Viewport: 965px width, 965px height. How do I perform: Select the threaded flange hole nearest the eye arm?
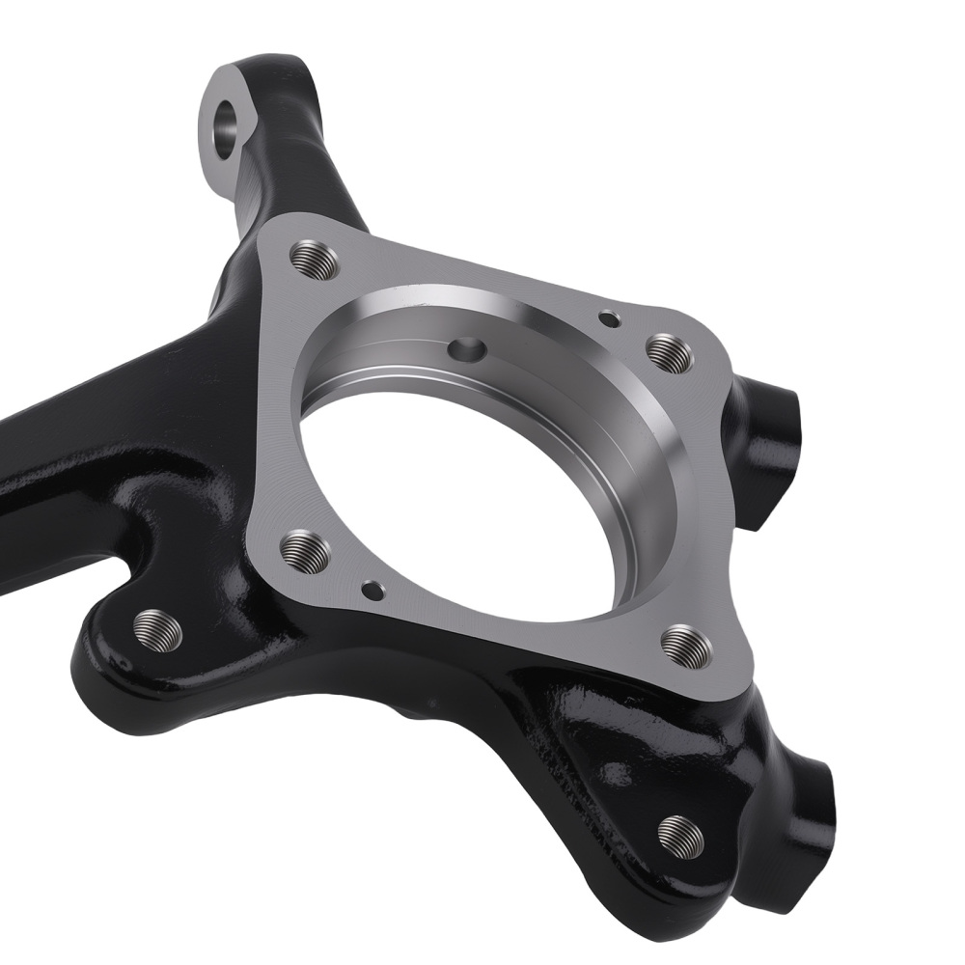(x=314, y=258)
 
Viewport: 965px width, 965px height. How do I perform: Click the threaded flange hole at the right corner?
(x=669, y=352)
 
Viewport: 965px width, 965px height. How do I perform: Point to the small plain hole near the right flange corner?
(x=608, y=316)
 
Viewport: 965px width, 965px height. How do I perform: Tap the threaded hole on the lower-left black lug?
(x=157, y=628)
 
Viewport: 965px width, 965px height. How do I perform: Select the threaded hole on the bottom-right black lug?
(x=680, y=831)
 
